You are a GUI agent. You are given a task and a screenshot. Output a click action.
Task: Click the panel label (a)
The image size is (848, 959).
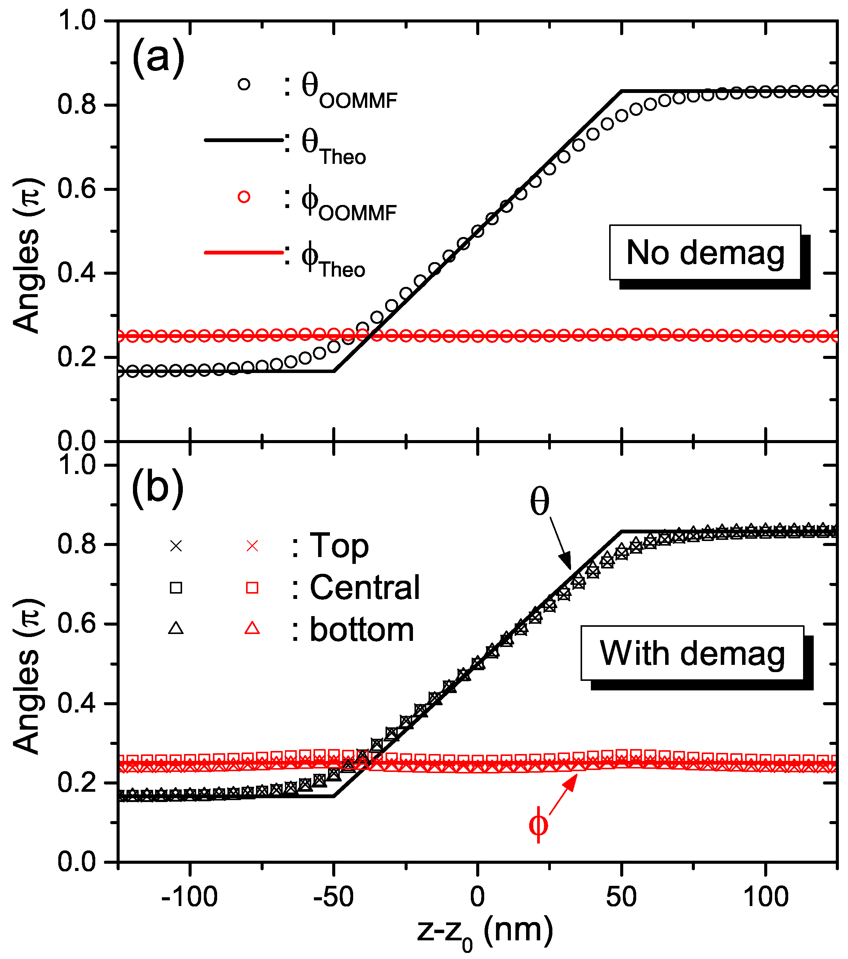(x=158, y=58)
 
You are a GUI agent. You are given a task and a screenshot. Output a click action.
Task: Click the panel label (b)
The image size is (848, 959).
(x=157, y=488)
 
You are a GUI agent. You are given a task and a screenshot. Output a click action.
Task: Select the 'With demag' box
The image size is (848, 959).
(x=692, y=653)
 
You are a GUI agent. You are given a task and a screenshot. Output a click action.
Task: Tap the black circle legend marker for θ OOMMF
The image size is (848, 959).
(x=244, y=85)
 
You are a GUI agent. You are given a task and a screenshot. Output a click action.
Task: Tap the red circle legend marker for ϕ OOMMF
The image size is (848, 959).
(x=244, y=197)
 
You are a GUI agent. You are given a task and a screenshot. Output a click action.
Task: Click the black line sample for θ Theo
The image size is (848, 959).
(x=243, y=140)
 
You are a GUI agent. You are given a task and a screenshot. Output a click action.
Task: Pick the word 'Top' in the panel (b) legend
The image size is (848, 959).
(x=339, y=546)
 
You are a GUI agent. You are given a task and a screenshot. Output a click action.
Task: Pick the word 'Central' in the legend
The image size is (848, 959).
(x=365, y=588)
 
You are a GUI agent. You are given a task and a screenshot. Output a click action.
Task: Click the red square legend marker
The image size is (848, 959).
(x=252, y=588)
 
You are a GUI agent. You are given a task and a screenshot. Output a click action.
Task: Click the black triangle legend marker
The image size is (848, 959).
(x=176, y=628)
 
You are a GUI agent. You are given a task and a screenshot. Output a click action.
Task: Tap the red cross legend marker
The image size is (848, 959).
(x=252, y=546)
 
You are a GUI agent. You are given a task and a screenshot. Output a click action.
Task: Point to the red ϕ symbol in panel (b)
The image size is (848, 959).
(x=538, y=825)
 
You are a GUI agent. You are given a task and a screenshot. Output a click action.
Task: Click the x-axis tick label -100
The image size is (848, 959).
(x=189, y=897)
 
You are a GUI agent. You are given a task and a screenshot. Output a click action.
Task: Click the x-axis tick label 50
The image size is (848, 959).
(x=621, y=897)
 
